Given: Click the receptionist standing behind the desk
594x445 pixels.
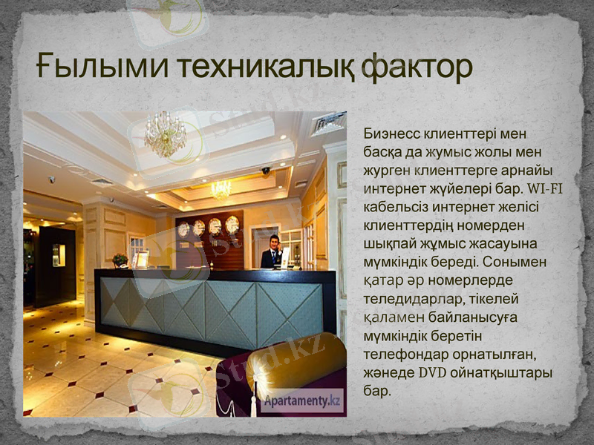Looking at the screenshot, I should (x=272, y=253).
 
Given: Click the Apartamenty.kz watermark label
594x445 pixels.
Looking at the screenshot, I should (x=301, y=400).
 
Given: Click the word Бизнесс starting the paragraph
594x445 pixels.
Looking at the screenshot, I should (x=391, y=134).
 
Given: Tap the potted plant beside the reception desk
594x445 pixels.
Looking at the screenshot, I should (x=120, y=260).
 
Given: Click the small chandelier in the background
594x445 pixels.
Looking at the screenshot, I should (x=221, y=190).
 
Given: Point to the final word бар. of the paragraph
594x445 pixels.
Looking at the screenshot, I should (x=377, y=391).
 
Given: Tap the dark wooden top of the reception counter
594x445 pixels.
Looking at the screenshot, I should (x=215, y=275).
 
